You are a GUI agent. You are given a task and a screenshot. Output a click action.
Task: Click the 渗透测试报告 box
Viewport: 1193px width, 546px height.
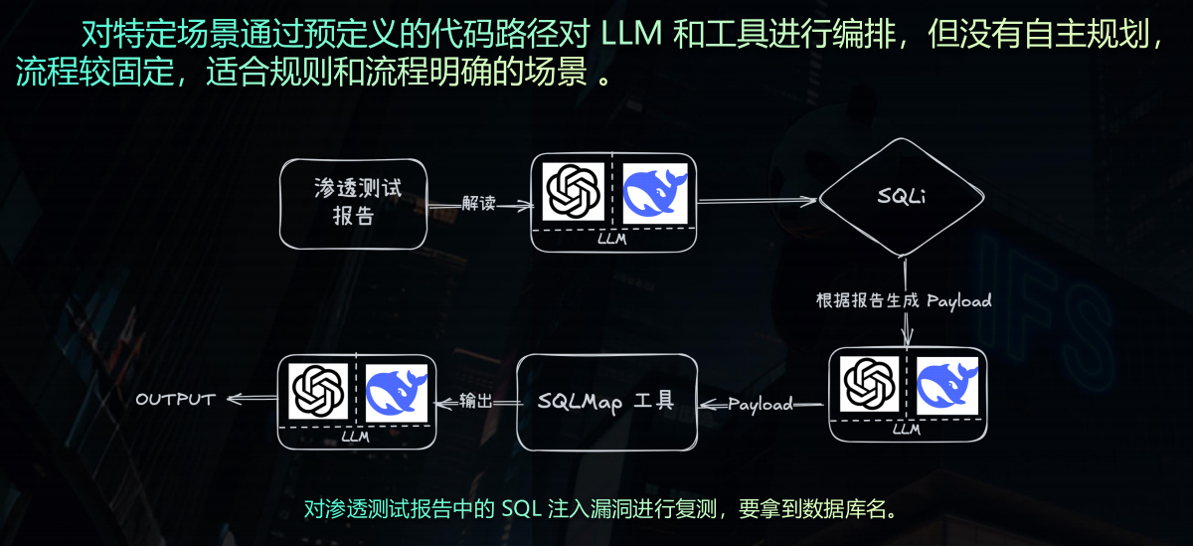[x=354, y=203]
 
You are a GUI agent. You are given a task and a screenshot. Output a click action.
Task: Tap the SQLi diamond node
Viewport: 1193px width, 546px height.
[x=902, y=198]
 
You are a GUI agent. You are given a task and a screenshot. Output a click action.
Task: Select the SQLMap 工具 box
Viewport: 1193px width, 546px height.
[x=606, y=401]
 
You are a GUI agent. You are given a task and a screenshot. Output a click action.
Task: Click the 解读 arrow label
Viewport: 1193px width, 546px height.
[x=479, y=203]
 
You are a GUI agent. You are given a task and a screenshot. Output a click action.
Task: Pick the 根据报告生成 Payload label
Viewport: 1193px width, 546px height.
[x=904, y=300]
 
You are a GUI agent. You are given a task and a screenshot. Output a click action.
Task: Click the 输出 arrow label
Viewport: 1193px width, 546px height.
[x=475, y=401]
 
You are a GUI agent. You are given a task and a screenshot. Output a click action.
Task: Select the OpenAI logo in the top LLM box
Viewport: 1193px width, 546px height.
[x=575, y=192]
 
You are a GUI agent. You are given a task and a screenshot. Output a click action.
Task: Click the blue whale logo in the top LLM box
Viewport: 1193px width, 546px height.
[x=655, y=192]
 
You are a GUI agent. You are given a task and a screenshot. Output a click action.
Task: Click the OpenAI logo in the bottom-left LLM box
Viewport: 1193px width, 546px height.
[x=318, y=391]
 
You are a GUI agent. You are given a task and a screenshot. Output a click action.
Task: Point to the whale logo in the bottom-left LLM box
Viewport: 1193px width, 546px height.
[x=397, y=391]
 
